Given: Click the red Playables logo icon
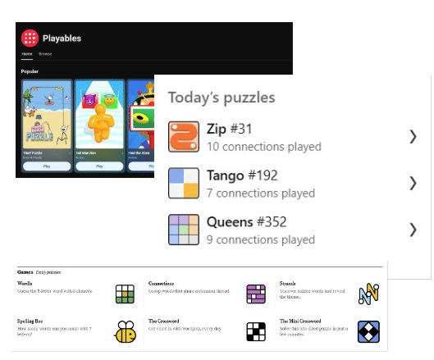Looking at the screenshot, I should click(30, 38).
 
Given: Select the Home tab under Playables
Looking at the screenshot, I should click(26, 53).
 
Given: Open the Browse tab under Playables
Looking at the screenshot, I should click(44, 53).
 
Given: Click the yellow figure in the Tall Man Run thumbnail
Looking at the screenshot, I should click(99, 123).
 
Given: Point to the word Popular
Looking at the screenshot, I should click(30, 71).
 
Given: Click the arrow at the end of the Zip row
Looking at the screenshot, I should click(413, 136).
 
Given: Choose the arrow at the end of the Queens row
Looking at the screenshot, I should click(413, 229).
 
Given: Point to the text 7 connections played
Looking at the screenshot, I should click(261, 193).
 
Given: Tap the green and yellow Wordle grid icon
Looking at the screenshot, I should click(125, 294).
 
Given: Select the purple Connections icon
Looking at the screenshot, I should click(257, 294).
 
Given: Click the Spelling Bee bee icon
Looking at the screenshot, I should click(126, 331).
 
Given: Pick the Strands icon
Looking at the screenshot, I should click(368, 294).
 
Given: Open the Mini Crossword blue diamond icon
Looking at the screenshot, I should click(368, 331).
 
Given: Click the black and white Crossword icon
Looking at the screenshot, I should click(257, 331).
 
